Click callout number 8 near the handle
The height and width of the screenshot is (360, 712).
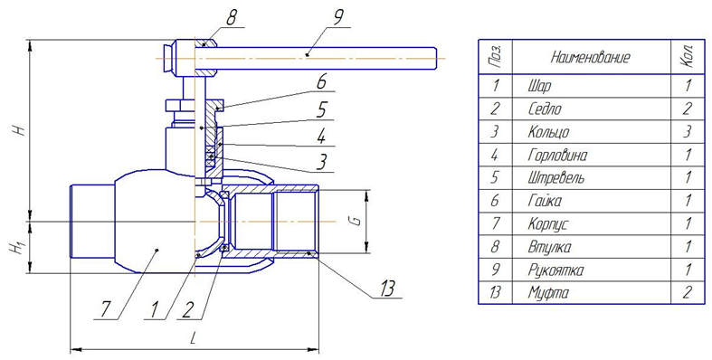[x=231, y=18]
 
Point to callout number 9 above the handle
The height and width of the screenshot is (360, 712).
[x=338, y=18]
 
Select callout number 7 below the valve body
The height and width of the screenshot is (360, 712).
[x=104, y=309]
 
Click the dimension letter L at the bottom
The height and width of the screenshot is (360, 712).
[x=194, y=339]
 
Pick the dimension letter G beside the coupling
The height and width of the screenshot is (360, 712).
[x=357, y=221]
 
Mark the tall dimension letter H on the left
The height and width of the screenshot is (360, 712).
[x=18, y=129]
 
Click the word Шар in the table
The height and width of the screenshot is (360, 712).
[x=539, y=86]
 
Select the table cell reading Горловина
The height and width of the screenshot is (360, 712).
[x=557, y=156]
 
